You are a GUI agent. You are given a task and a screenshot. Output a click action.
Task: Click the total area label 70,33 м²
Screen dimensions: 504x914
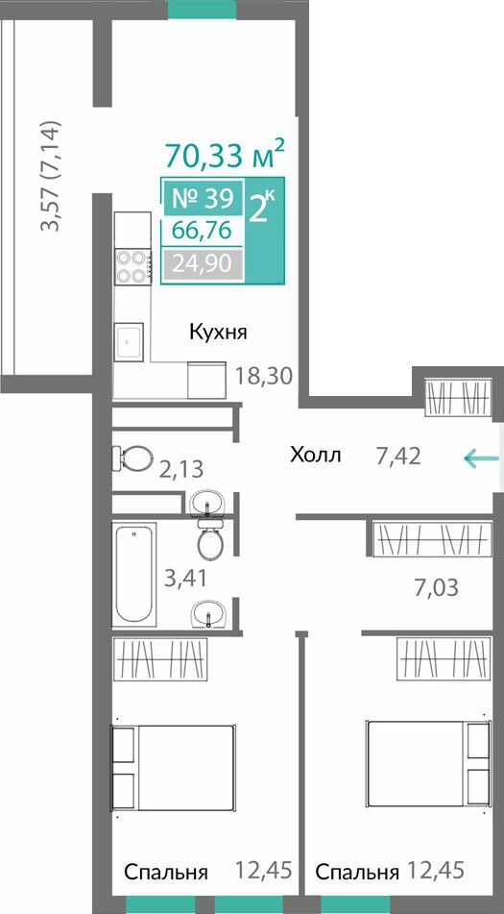click(226, 154)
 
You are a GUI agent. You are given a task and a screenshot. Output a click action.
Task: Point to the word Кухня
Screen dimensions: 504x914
click(218, 333)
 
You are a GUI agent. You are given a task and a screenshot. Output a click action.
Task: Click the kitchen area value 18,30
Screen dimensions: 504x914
click(263, 376)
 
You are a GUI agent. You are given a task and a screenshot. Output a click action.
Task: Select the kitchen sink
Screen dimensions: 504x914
click(129, 341)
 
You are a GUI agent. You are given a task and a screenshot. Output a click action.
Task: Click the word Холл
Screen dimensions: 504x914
click(316, 455)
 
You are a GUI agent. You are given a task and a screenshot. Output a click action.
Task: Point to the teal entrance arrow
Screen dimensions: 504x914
click(481, 458)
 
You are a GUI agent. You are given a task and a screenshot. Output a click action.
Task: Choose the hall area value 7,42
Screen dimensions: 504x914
click(398, 457)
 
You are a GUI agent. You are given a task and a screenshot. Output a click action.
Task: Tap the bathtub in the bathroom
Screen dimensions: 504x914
click(134, 574)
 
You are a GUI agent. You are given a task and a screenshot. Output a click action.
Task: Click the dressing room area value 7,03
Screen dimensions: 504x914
click(437, 587)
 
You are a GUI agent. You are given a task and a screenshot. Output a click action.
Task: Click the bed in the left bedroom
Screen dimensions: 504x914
click(174, 768)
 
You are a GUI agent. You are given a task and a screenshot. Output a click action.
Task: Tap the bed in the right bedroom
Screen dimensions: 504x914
click(428, 764)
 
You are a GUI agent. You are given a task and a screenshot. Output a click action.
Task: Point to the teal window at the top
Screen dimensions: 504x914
click(202, 9)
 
